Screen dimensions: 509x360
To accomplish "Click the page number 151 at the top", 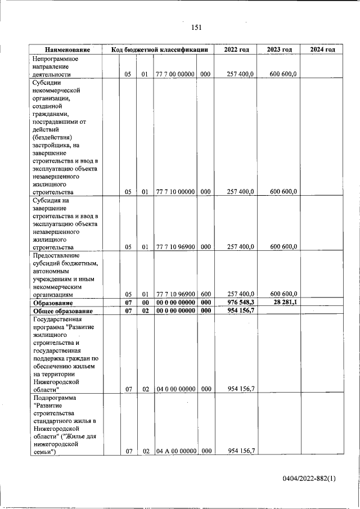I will (196, 28).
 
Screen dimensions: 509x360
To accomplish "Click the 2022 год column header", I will (236, 49).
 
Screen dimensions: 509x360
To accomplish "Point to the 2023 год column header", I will (280, 49).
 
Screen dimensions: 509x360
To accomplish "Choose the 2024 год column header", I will (322, 49).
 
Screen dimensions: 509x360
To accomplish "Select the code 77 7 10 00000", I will (175, 192).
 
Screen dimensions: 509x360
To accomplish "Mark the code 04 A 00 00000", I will (175, 451).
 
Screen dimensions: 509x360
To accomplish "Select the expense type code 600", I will (205, 294).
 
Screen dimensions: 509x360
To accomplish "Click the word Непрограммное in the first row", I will (55, 58).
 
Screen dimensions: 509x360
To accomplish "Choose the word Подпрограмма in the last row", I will (55, 398).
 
